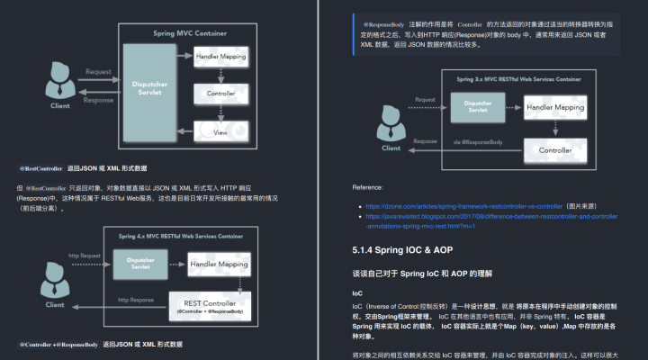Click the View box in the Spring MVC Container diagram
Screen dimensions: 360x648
click(x=221, y=132)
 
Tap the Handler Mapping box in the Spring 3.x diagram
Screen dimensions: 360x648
click(x=554, y=108)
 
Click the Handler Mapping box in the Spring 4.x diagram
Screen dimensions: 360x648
click(x=219, y=264)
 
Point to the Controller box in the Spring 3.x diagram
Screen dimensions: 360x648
click(x=554, y=149)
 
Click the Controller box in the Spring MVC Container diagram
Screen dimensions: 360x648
click(x=221, y=93)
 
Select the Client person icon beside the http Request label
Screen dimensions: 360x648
click(x=56, y=283)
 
